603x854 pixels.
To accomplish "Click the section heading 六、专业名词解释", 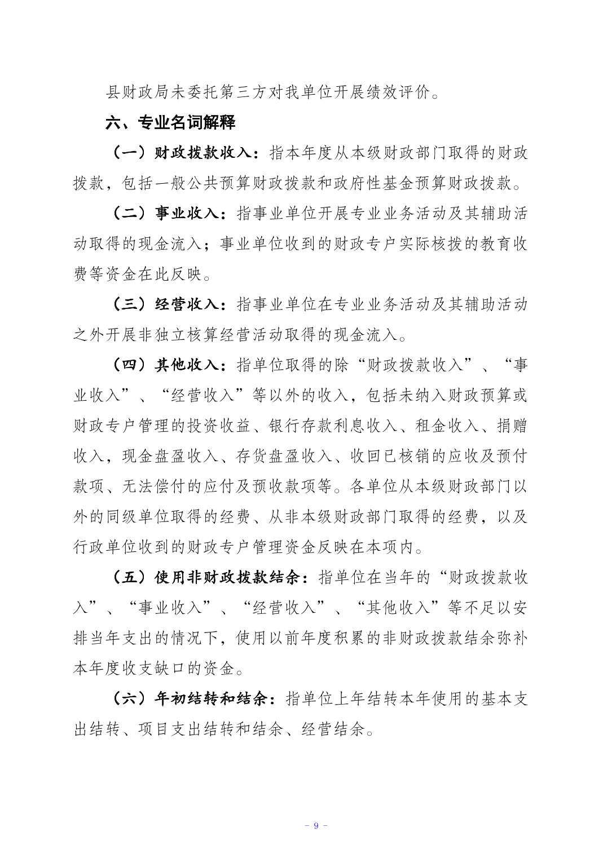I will click(x=170, y=122).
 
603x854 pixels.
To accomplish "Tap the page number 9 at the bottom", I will click(x=316, y=825).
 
